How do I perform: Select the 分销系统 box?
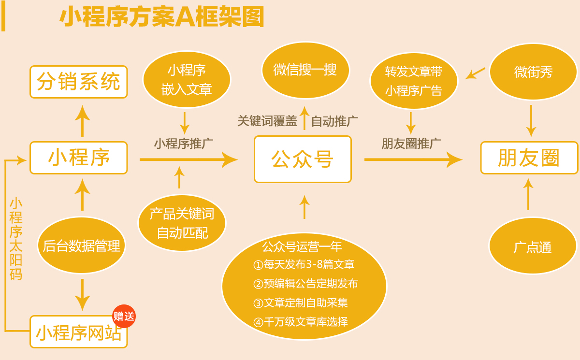coord(78,82)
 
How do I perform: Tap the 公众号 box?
coord(303,159)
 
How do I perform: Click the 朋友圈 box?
coord(529,158)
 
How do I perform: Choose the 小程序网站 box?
coord(78,332)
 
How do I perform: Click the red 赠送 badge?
coord(124,317)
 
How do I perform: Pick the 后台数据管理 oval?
coord(81,245)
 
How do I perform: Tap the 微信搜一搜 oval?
coord(305,70)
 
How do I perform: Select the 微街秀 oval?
coord(533,72)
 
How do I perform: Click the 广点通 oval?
coord(533,246)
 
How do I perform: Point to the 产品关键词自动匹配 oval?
coord(182,223)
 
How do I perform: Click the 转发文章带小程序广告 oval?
coord(414,81)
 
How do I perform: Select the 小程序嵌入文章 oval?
coord(187,79)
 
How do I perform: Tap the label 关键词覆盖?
coord(267,121)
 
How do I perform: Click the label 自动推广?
coord(334,121)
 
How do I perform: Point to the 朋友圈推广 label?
coord(411,143)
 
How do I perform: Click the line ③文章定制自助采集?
coord(300,303)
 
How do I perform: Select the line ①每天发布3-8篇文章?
coord(304,264)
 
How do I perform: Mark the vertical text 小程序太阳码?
coord(16,239)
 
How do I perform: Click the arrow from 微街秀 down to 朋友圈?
coord(531,121)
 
